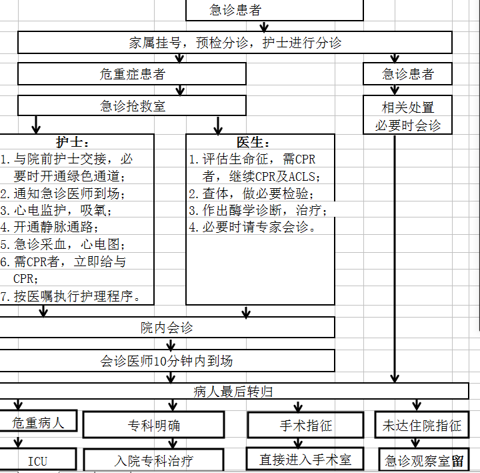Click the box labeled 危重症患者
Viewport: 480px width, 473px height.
pos(131,73)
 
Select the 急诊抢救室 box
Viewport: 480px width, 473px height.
pos(131,105)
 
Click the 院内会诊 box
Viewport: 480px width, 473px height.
pos(167,328)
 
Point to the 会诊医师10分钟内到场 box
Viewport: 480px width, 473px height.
pos(167,361)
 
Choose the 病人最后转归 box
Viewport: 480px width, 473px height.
pos(233,391)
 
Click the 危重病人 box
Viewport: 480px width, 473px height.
pos(38,422)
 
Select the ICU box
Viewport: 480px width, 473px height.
pos(38,460)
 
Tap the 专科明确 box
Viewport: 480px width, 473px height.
pos(153,425)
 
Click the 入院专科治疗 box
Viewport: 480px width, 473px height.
pos(153,460)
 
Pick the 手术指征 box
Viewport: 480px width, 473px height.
pos(306,425)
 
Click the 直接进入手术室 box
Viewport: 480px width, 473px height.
pos(306,459)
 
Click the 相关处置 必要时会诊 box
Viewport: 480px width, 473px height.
pos(407,115)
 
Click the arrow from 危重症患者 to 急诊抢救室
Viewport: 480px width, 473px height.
pos(179,90)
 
